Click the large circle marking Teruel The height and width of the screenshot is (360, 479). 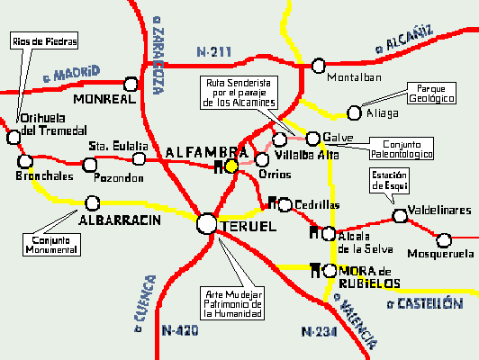coord(207,223)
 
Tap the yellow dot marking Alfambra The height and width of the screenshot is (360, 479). coord(231,166)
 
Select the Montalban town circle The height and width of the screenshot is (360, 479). coord(318,65)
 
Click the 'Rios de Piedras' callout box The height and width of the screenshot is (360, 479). coord(44,41)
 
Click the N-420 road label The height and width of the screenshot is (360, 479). coord(179,331)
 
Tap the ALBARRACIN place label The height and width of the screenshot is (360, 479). coord(119,220)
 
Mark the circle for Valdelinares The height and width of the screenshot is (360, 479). coord(400,215)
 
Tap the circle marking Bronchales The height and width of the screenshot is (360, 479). coord(24,162)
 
